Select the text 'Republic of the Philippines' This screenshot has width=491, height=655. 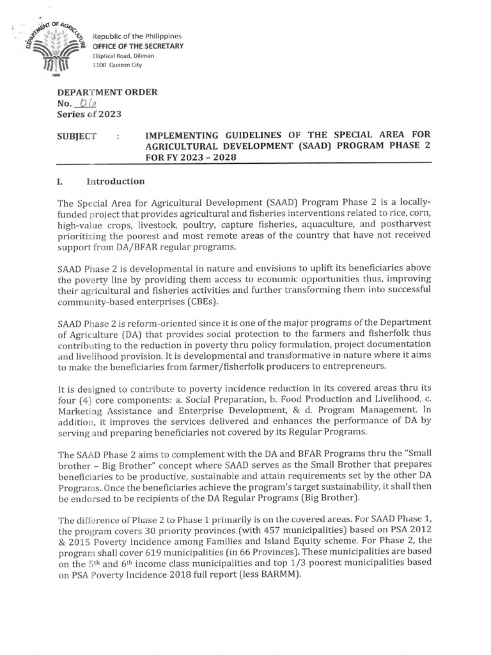coord(137,36)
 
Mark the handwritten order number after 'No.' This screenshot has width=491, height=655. coord(86,104)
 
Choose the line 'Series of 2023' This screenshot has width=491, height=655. coord(89,114)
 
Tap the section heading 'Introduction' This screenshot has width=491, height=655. coord(118,181)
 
